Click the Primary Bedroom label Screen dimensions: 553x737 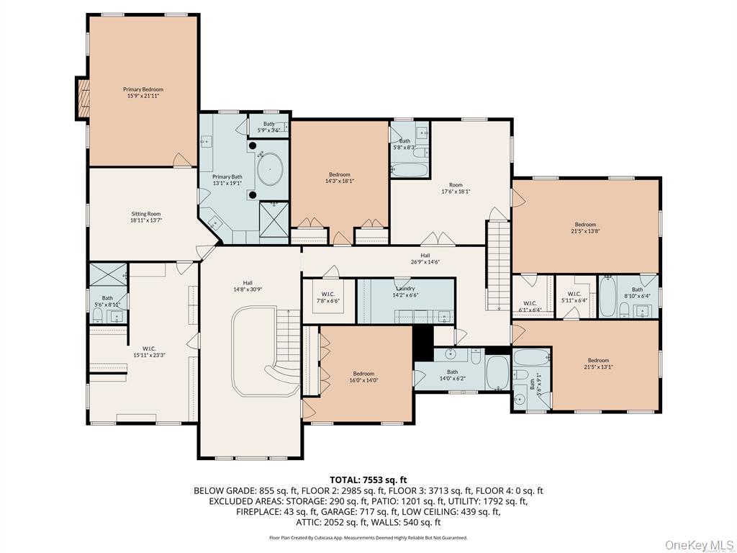(143, 89)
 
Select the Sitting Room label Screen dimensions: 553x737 (145, 214)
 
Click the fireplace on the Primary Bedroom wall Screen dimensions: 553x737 (83, 99)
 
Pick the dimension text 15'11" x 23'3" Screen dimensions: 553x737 (150, 354)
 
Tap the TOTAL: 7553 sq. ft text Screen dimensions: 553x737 (368, 480)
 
